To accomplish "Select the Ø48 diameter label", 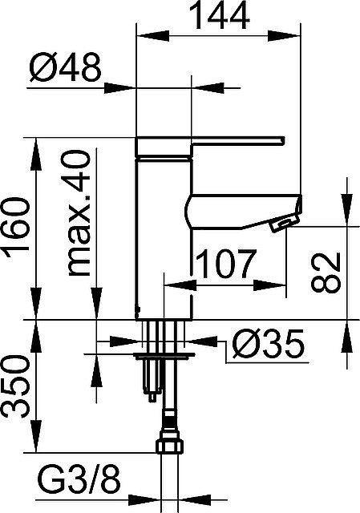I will pos(67,71).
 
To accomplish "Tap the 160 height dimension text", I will pos(18,228).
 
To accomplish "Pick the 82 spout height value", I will pos(326,272).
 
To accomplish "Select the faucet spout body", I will pos(241,210).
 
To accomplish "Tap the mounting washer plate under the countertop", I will pos(165,352).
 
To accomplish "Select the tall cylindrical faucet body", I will pos(164,232).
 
